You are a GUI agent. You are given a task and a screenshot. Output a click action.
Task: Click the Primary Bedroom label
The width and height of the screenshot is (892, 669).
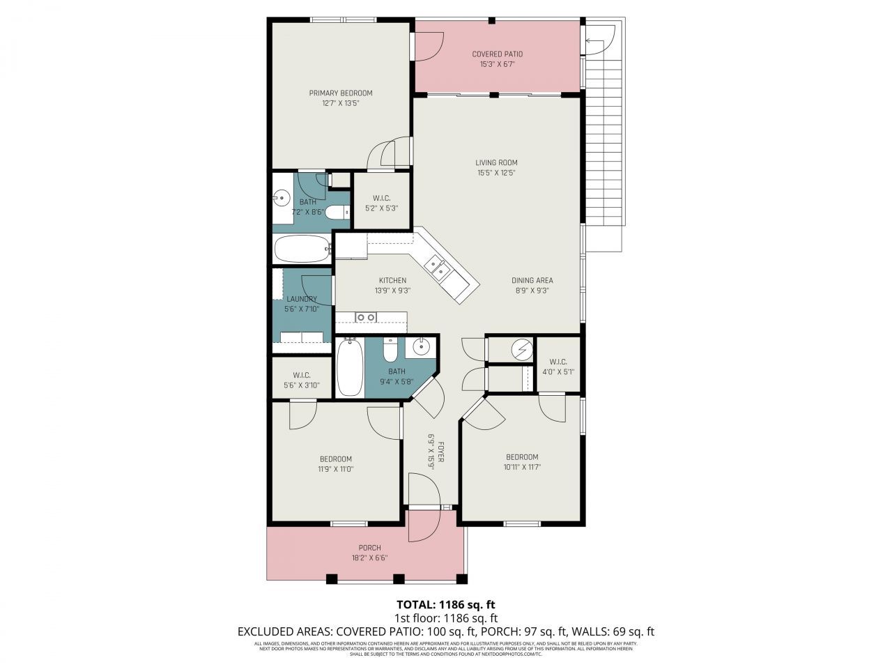coord(340,93)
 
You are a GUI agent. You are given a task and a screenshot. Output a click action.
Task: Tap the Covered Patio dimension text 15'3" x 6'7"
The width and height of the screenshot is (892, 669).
coord(497,64)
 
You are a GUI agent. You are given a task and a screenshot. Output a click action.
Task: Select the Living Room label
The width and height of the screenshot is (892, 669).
coord(497,163)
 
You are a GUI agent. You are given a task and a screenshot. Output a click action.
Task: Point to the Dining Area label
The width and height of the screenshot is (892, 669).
coord(534,281)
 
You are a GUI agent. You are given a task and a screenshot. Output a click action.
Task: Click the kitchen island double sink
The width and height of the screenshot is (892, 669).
coord(438,268)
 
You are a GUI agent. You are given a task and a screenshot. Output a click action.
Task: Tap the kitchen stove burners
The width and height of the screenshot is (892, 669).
coord(366,318)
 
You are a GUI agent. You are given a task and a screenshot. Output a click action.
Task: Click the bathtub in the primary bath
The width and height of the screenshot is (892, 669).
coord(302,248)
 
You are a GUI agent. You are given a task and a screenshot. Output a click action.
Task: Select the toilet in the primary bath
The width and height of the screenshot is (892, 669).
coord(338,213)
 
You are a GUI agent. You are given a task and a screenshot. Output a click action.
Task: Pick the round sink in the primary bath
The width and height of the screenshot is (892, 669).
coord(282,199)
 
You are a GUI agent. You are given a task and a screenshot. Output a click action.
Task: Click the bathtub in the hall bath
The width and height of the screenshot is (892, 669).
coord(350,367)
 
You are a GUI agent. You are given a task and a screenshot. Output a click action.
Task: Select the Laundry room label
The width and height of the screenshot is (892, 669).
coord(301,299)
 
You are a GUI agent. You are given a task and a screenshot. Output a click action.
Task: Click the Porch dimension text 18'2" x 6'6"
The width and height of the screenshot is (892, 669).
coord(369,557)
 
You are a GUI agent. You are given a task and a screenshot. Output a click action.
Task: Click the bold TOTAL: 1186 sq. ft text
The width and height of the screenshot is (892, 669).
coord(446,604)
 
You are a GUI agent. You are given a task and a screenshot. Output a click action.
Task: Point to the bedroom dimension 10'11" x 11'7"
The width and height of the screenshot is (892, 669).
coord(522,467)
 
